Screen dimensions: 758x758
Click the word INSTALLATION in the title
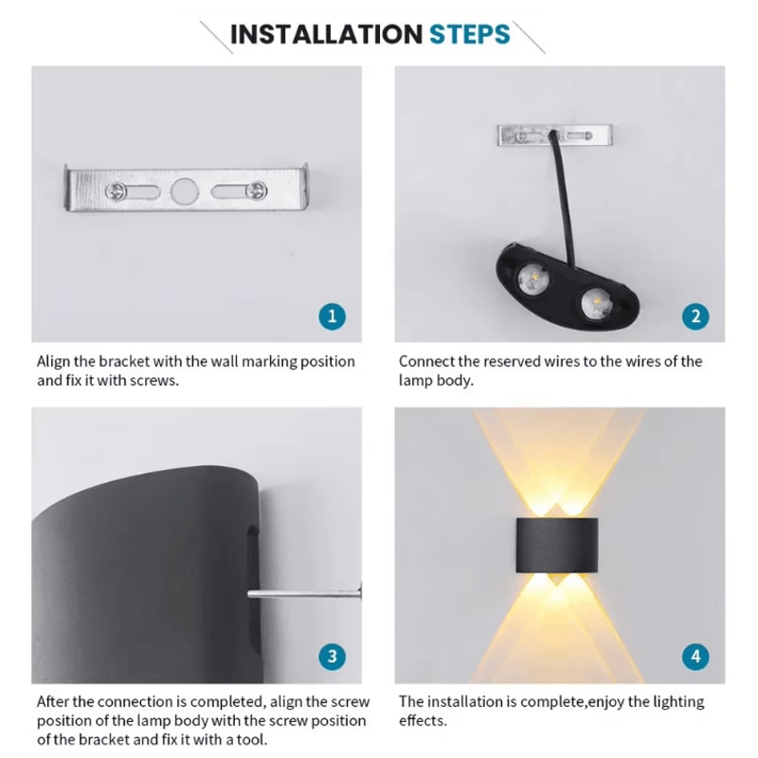pyautogui.click(x=325, y=35)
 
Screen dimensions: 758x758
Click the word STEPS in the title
pyautogui.click(x=469, y=35)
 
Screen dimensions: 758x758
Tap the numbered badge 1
pyautogui.click(x=331, y=316)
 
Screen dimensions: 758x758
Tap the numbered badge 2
pyautogui.click(x=695, y=316)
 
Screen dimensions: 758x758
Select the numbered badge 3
pyautogui.click(x=331, y=656)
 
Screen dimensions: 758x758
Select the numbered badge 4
pyautogui.click(x=695, y=656)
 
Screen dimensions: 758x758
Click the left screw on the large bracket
pyautogui.click(x=116, y=191)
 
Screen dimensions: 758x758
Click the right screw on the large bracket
pyautogui.click(x=254, y=191)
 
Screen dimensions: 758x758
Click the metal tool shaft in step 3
pyautogui.click(x=303, y=594)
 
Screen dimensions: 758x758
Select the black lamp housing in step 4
pyautogui.click(x=559, y=546)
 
